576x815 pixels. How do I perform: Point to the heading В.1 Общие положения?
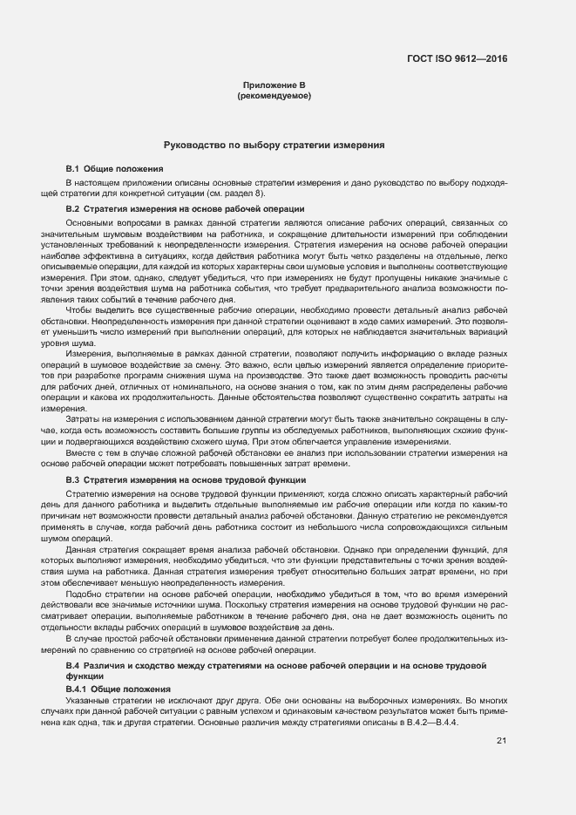point(115,167)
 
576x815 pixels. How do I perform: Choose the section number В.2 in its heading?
point(73,209)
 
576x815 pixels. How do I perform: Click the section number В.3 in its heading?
point(73,480)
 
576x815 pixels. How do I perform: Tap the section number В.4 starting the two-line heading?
point(73,665)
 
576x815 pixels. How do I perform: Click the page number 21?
point(501,741)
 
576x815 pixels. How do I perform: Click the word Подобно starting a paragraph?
point(83,594)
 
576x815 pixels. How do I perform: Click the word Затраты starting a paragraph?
point(82,420)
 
